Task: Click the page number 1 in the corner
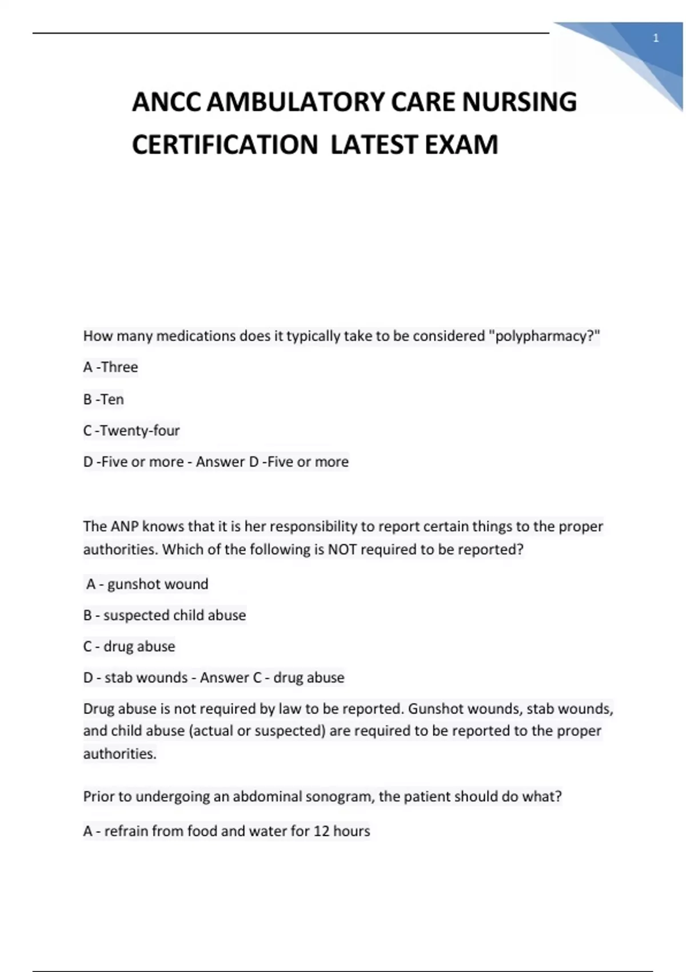(x=656, y=38)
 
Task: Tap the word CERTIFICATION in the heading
(x=225, y=144)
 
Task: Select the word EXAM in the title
(x=461, y=144)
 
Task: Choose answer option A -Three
(x=110, y=367)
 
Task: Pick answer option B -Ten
(x=103, y=399)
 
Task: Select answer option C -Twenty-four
(x=131, y=430)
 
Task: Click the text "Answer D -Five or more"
(x=272, y=461)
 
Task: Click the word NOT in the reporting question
(x=342, y=549)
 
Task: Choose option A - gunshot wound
(x=147, y=584)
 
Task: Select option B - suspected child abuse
(x=165, y=615)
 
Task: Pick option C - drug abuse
(x=129, y=646)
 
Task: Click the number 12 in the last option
(x=321, y=831)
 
